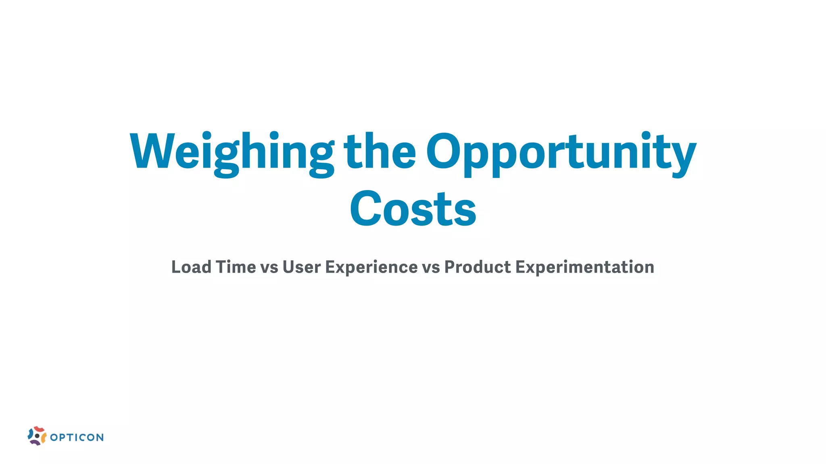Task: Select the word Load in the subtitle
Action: pos(191,267)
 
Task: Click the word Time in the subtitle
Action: pos(236,267)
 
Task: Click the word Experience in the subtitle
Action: pos(371,267)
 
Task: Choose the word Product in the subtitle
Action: pos(478,267)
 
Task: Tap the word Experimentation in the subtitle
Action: pos(585,267)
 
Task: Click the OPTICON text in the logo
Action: pos(77,437)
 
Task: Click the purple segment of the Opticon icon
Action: pos(35,442)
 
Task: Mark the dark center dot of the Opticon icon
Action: pos(37,436)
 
